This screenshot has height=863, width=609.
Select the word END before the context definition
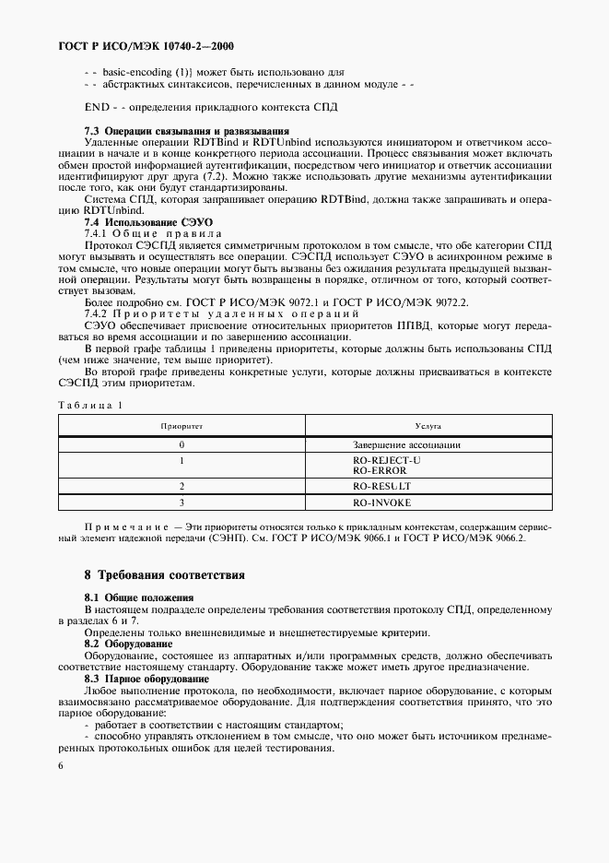[x=96, y=107]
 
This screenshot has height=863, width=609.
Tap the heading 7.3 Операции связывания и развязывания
[x=186, y=131]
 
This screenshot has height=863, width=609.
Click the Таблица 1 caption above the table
[x=89, y=405]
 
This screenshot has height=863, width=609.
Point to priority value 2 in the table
[x=182, y=486]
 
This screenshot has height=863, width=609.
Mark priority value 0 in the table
[x=182, y=445]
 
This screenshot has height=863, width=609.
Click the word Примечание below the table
[x=123, y=525]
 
